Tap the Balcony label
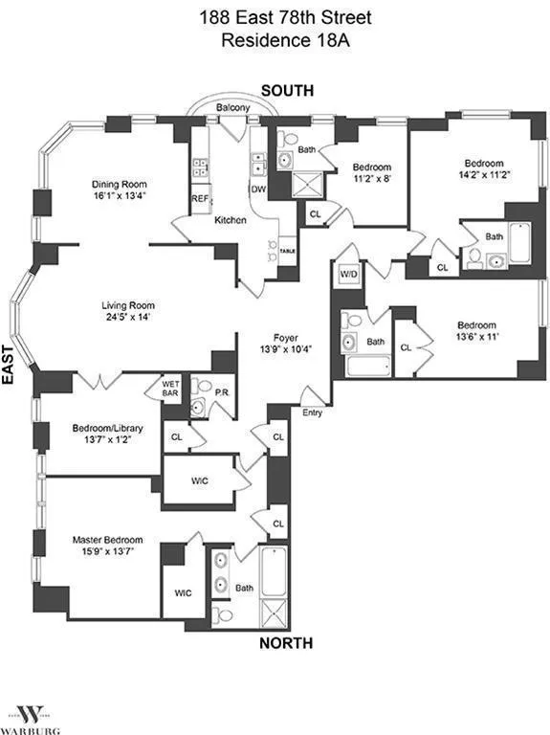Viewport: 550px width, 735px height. (x=232, y=108)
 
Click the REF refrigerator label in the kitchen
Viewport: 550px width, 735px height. (x=200, y=199)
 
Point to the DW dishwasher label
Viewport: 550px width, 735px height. (x=257, y=189)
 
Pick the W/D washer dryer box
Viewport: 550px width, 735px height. (x=347, y=275)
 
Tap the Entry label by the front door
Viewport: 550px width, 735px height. (x=312, y=413)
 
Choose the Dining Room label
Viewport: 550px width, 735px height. (x=118, y=185)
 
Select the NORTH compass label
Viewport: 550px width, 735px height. (x=286, y=644)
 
